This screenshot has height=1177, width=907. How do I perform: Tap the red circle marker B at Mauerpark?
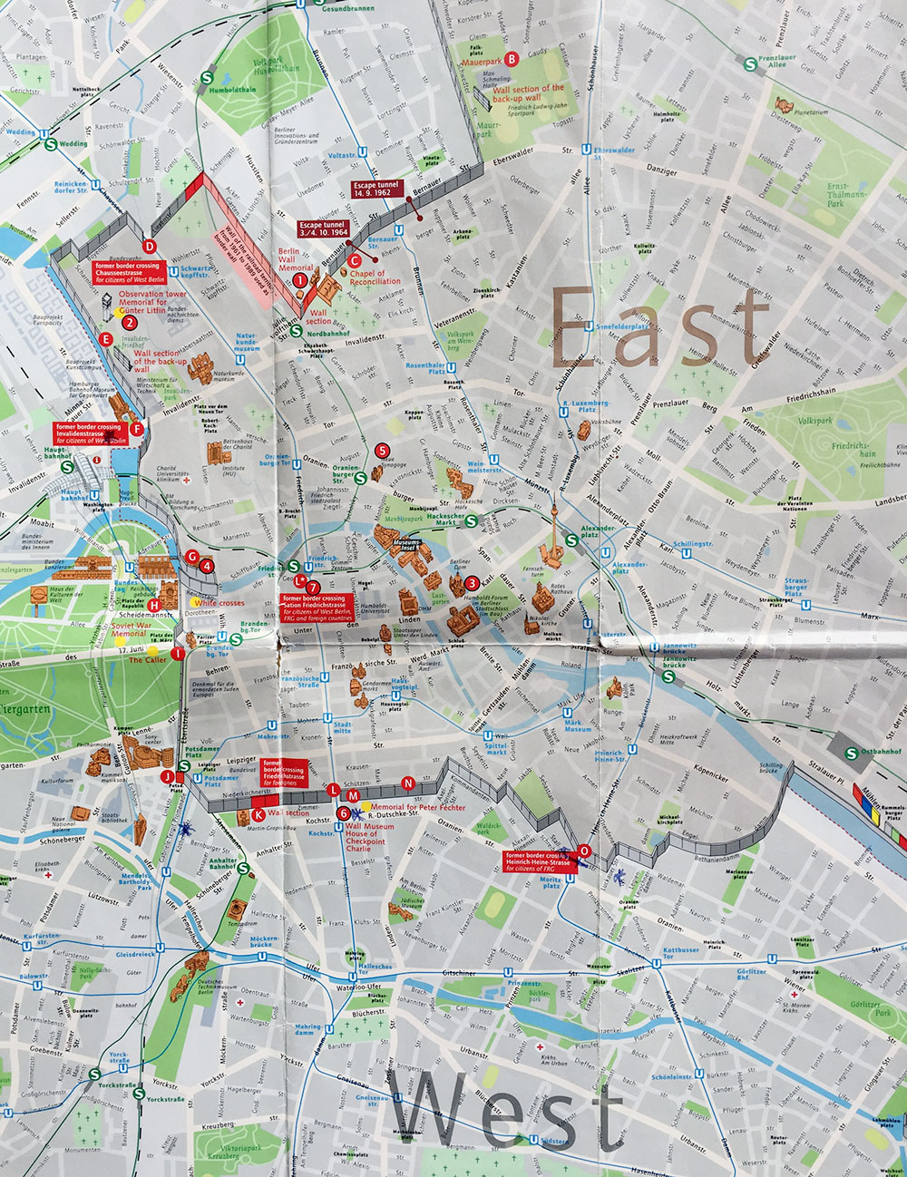(512, 60)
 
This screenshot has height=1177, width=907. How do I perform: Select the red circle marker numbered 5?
(382, 450)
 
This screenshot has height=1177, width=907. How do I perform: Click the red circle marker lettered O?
(584, 851)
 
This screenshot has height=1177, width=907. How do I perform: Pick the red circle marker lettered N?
(408, 783)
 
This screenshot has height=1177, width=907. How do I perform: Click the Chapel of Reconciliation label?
(375, 277)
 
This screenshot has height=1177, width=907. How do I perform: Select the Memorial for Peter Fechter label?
(418, 806)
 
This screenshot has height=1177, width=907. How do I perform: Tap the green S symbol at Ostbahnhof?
(852, 753)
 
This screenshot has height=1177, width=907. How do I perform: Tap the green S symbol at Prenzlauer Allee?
(750, 64)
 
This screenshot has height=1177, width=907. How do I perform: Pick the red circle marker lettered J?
(167, 777)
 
